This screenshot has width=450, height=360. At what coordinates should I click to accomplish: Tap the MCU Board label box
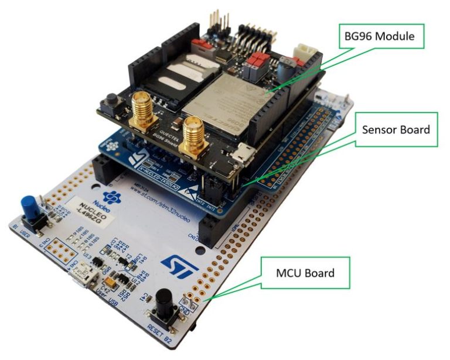305,273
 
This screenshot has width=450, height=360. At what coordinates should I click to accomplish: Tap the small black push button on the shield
110,105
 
